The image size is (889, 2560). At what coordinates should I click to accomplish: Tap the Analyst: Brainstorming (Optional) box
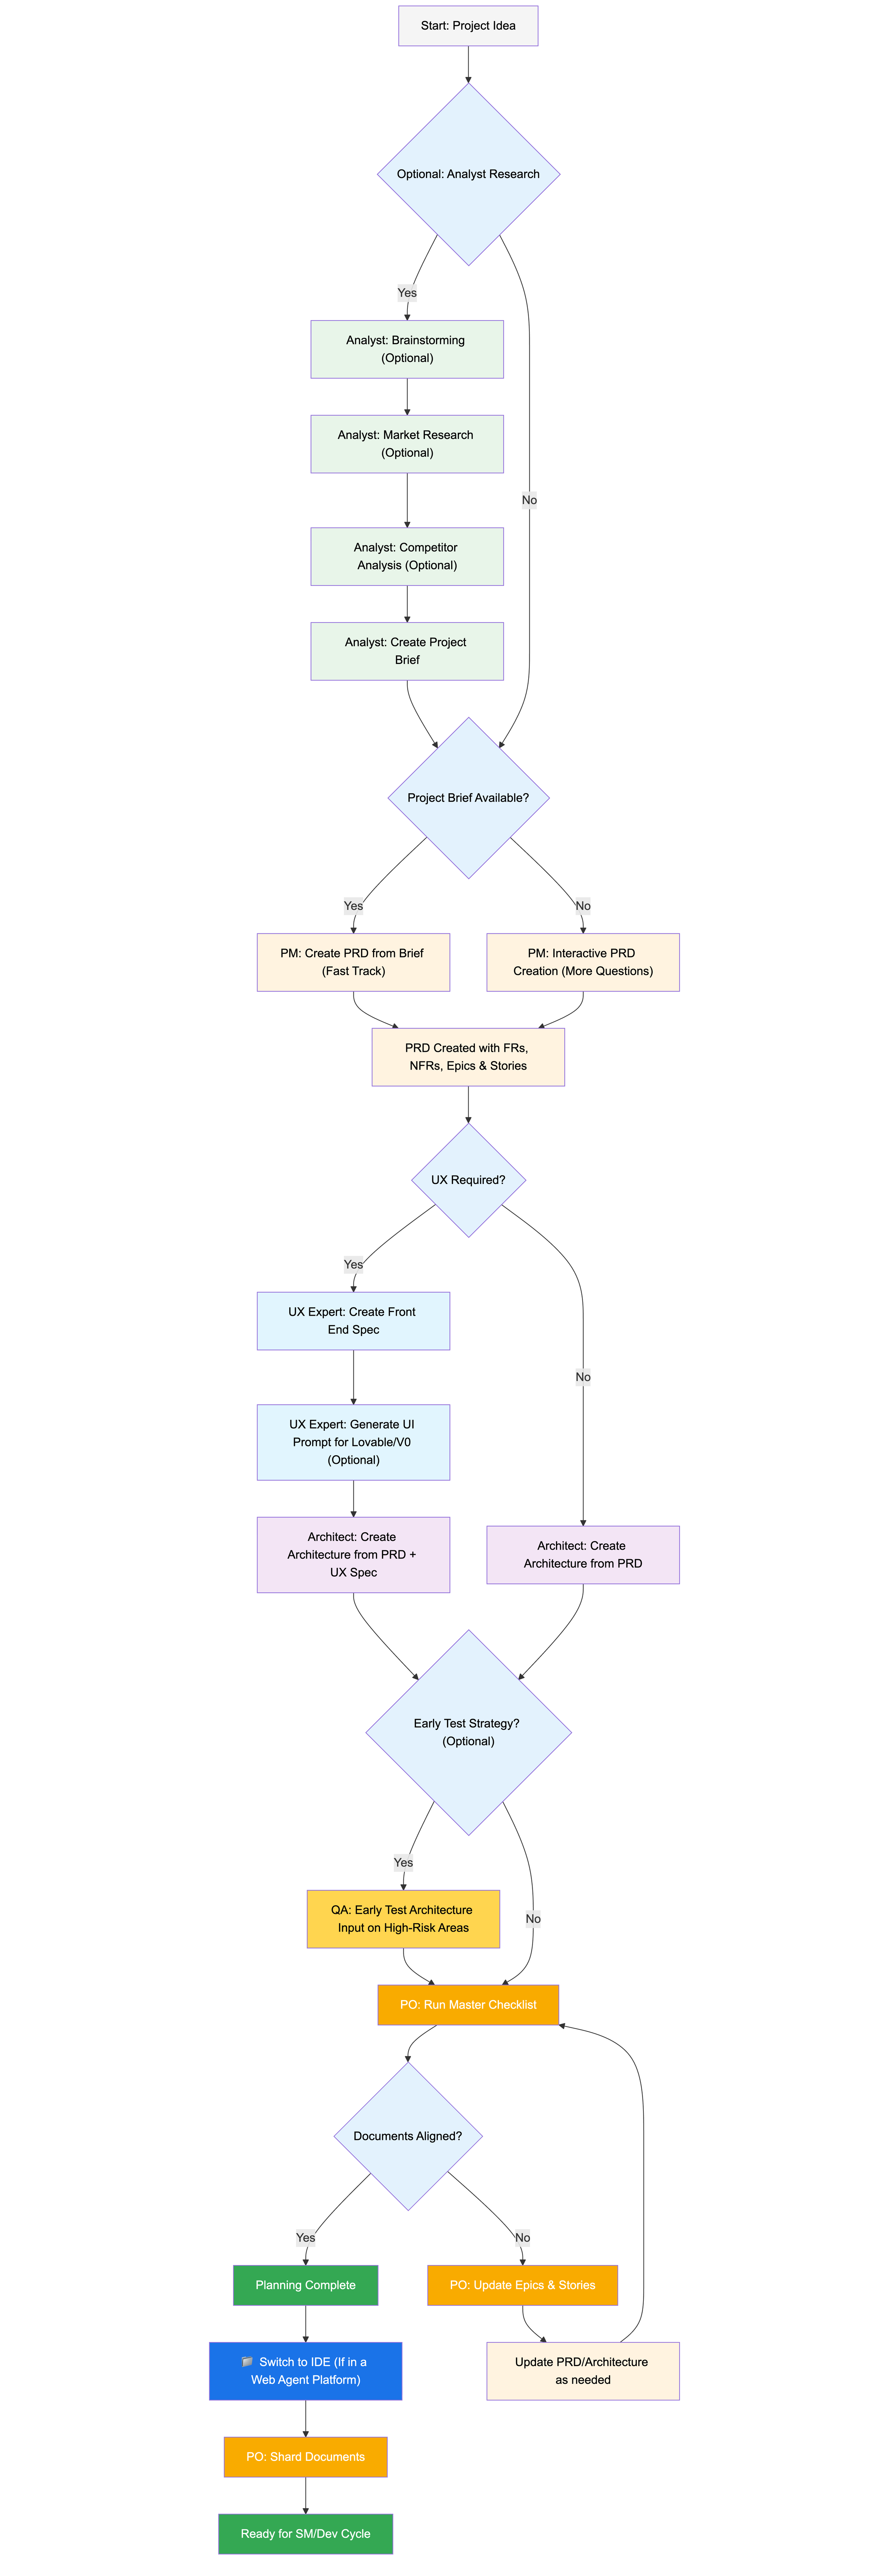[407, 349]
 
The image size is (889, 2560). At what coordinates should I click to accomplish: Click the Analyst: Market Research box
[407, 443]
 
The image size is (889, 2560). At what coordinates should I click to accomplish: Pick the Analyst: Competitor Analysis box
[407, 557]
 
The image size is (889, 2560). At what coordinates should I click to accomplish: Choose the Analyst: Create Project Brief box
[407, 651]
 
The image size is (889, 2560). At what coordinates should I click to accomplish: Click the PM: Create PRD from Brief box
[353, 962]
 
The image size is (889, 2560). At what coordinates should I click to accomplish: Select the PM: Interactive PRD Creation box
[583, 962]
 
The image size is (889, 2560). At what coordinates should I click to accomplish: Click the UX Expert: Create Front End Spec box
[353, 1321]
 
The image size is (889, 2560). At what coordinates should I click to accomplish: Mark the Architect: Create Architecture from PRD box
[583, 1554]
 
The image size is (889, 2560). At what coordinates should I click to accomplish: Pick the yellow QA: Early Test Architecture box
[403, 1919]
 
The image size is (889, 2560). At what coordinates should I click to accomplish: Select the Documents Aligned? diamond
[408, 2135]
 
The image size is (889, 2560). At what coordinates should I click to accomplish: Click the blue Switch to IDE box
[305, 2371]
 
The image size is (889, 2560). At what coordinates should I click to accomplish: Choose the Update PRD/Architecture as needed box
[583, 2371]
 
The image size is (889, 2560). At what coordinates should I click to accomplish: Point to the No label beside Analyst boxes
[529, 500]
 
